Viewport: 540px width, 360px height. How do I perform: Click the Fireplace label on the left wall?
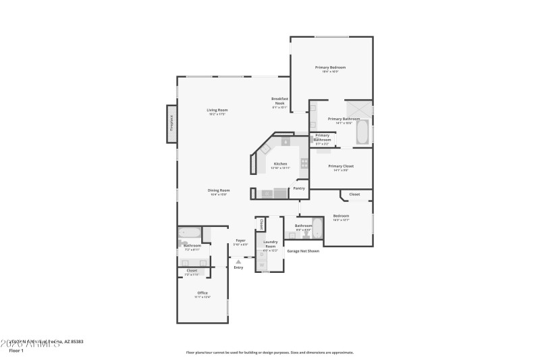[171, 124]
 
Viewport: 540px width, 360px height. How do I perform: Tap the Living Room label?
[217, 111]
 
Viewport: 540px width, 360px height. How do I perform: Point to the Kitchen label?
[280, 164]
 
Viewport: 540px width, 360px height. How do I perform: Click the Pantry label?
[300, 189]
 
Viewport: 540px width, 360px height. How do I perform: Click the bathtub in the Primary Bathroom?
[362, 131]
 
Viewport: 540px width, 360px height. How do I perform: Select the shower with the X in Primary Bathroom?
[359, 109]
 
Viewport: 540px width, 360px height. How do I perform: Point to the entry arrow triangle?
[238, 261]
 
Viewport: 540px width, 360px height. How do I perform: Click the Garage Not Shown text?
[303, 251]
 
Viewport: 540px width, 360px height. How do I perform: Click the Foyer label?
[240, 240]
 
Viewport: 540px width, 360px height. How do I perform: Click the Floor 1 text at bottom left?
[16, 351]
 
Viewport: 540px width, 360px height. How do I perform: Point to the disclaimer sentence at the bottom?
[269, 352]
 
